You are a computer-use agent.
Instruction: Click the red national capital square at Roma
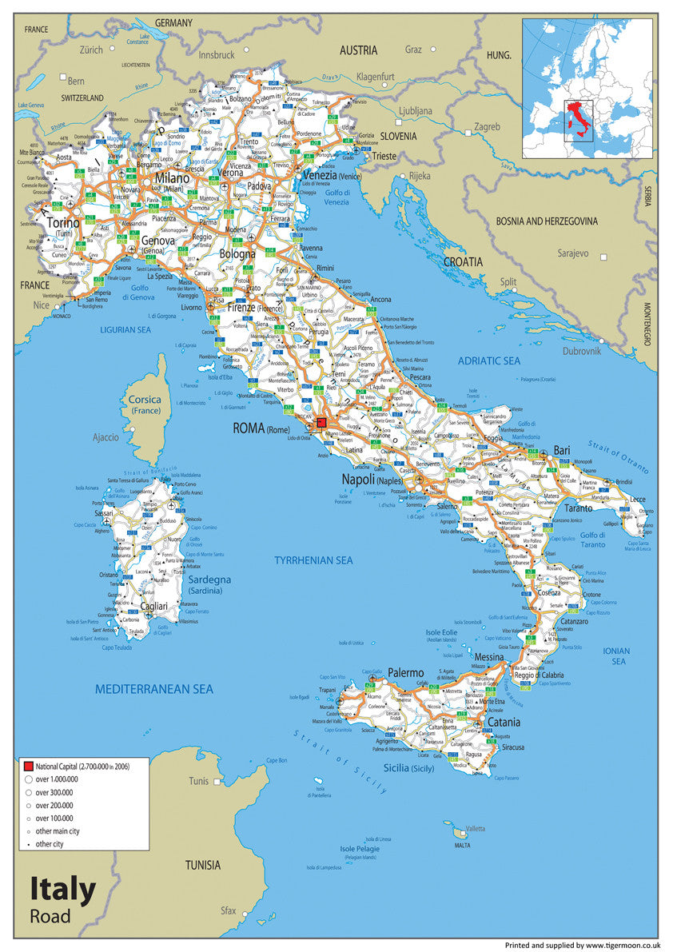pos(322,423)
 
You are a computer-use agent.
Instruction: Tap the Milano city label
pos(172,178)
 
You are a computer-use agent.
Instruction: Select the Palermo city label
pos(405,673)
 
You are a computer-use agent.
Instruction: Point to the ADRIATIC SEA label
pos(488,360)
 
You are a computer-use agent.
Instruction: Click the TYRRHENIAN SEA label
pos(313,560)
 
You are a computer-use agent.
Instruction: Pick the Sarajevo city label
pos(573,253)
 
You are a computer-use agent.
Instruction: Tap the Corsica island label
pos(145,400)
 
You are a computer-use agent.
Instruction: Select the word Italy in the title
pos(63,890)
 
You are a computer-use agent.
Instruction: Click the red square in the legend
pos(28,766)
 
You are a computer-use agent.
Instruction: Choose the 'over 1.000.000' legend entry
pos(56,779)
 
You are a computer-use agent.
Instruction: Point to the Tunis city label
pos(198,781)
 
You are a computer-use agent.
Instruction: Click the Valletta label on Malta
pos(475,828)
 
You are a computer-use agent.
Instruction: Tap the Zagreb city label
pos(487,126)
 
